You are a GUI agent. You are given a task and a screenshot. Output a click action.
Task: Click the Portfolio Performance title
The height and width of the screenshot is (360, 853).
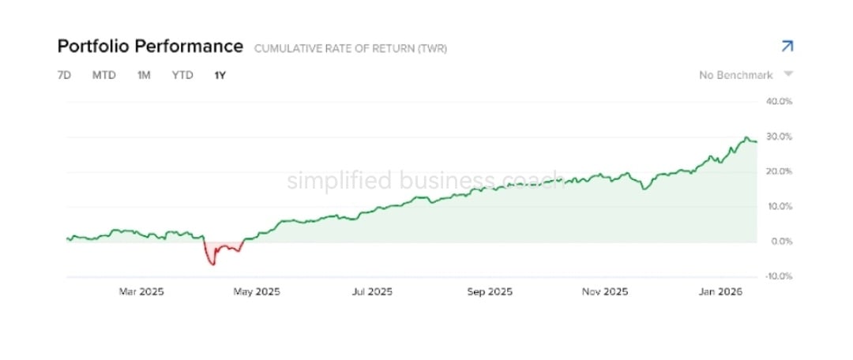coord(150,47)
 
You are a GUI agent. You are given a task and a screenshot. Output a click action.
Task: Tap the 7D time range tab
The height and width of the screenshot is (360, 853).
coord(64,76)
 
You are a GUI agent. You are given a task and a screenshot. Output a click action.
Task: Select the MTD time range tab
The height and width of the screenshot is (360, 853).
coord(104,76)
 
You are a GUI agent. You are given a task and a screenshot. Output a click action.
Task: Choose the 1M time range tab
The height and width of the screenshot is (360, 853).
coord(144,76)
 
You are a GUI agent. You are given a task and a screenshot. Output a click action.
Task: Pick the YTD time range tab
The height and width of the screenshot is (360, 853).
coord(182,76)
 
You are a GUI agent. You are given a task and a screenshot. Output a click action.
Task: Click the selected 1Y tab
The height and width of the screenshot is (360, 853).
coord(220,76)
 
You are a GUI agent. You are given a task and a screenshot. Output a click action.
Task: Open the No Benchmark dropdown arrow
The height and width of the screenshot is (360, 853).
coord(787,74)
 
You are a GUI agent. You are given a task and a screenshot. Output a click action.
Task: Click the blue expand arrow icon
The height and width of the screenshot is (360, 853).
coord(787,47)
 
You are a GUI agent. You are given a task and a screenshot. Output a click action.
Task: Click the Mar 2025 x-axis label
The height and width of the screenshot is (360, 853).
coord(141,292)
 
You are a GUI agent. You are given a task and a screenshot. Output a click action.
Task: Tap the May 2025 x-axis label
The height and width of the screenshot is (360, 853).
coord(257,292)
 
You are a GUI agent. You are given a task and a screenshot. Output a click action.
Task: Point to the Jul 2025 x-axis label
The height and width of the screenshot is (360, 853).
coord(372,292)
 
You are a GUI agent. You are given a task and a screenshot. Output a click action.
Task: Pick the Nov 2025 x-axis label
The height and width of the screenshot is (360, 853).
coord(605,292)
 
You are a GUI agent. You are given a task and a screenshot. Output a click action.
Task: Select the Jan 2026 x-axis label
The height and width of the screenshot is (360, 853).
coord(720,292)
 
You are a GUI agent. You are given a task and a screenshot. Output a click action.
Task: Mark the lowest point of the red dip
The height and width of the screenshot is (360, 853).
coord(213,264)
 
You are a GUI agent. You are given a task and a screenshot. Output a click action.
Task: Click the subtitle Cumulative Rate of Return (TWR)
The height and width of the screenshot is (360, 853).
coord(351,49)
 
